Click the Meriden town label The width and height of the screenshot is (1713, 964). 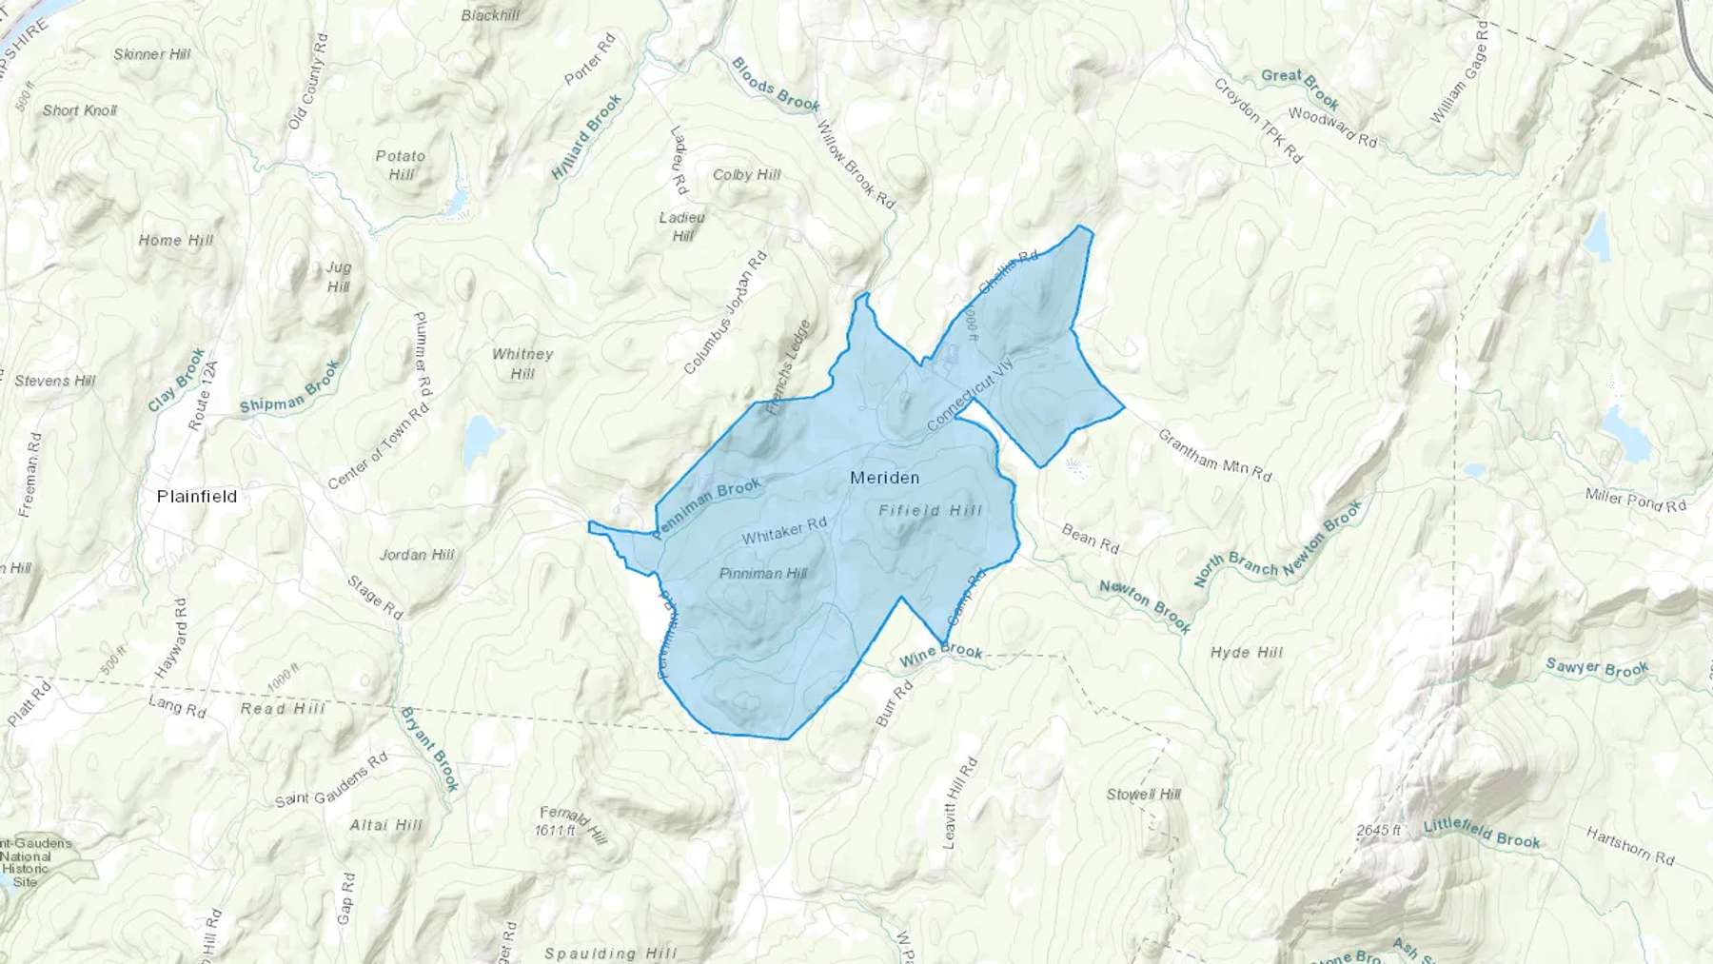[884, 478]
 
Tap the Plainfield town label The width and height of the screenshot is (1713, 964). [197, 497]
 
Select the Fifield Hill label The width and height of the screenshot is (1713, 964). [930, 511]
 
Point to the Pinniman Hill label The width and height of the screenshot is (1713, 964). [763, 573]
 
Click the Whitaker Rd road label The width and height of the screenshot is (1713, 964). [784, 531]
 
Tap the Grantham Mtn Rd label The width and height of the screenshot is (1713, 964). [1214, 455]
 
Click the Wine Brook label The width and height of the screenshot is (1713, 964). [940, 654]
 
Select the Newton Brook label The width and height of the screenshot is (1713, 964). [1145, 606]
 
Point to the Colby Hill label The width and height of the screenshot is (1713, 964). [746, 175]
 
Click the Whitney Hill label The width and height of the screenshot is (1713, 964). [522, 364]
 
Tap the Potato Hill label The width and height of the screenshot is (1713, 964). [401, 165]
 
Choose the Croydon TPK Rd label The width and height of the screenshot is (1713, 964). [1257, 121]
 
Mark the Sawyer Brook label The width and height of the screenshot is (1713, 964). [1596, 668]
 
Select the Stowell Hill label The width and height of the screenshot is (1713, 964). [1143, 794]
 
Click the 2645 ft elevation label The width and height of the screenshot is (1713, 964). [1379, 831]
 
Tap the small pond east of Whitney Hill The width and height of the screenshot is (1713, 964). [481, 439]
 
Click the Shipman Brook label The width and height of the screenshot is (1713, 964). [289, 388]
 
